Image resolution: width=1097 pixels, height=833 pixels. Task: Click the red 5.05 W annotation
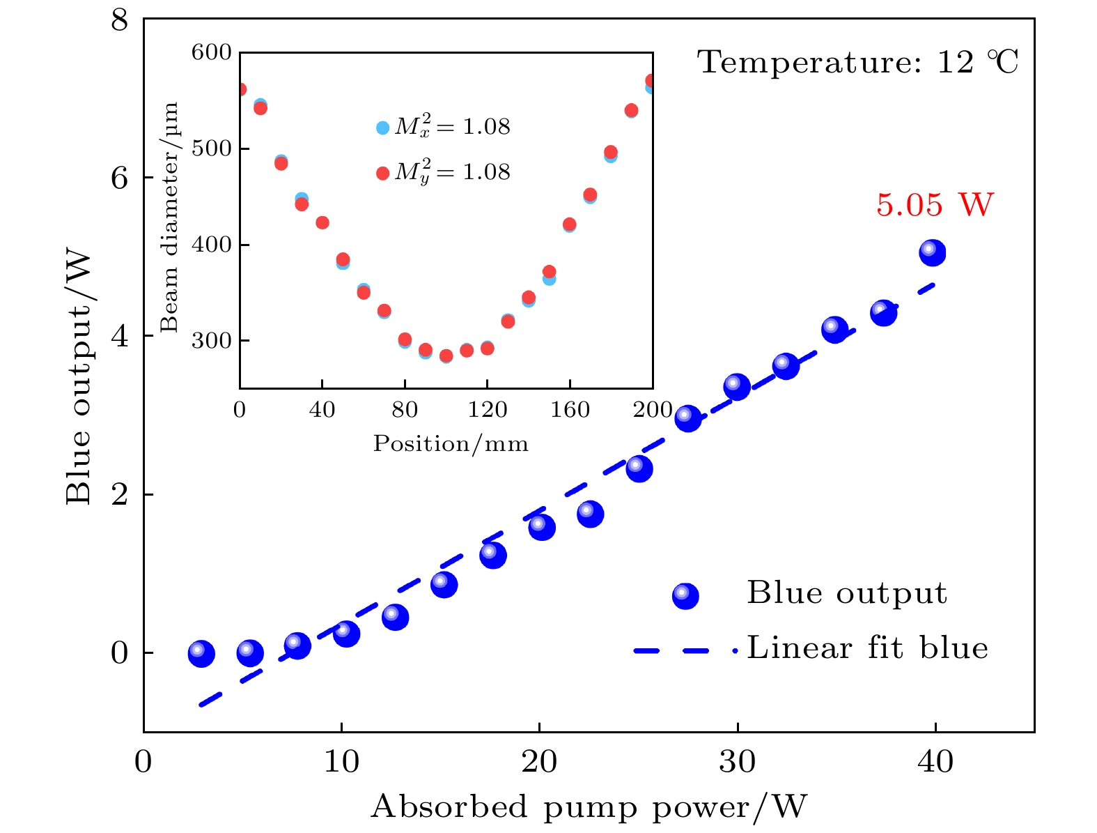[934, 205]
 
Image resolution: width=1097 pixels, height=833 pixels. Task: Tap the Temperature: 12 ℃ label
[857, 63]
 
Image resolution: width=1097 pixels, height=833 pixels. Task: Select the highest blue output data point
[932, 252]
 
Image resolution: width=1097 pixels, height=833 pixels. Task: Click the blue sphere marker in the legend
[685, 596]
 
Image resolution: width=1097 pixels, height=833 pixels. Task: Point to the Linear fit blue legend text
[867, 648]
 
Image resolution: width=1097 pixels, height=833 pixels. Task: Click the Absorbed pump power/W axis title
[589, 807]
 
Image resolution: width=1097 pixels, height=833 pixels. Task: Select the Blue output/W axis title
[79, 378]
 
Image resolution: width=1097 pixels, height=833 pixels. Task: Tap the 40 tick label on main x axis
[935, 762]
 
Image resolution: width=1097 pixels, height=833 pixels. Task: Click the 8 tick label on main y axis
[120, 20]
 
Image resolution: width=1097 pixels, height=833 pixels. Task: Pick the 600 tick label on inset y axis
[212, 52]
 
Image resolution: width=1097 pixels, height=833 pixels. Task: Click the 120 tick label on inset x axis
[487, 410]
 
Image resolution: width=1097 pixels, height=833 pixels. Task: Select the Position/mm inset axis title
[451, 444]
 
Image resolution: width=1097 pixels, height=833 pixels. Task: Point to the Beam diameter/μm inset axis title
[170, 217]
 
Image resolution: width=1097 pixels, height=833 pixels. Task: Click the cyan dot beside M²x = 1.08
[382, 128]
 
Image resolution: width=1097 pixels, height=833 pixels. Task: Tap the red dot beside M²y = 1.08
[382, 173]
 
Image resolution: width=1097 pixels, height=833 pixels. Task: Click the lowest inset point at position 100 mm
[446, 356]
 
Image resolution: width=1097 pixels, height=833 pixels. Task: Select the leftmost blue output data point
[201, 654]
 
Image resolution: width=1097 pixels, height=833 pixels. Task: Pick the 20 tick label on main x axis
[539, 762]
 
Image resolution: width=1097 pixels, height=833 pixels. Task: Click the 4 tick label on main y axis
[120, 337]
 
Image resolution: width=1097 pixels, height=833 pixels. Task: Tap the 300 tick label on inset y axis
[212, 341]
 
